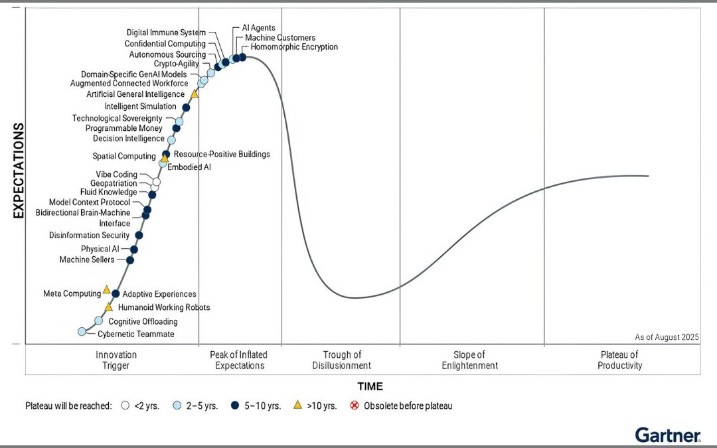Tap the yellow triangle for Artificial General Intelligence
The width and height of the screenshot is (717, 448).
tap(195, 94)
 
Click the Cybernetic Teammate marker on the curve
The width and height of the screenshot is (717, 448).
tap(82, 331)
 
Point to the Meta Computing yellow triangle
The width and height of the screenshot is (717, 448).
tap(106, 290)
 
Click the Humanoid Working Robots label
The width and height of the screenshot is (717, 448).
tap(163, 308)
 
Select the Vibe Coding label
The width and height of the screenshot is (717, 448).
tap(116, 175)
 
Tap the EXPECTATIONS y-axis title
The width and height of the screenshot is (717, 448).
tap(19, 171)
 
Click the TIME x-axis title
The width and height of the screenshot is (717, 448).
tap(370, 386)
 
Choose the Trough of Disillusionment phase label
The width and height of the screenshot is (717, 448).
tap(342, 360)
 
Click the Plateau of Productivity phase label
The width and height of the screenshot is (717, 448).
tap(619, 360)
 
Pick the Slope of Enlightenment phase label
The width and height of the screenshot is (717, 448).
tap(469, 360)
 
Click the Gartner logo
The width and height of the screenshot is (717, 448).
tap(668, 435)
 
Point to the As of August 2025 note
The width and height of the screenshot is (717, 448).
tap(667, 337)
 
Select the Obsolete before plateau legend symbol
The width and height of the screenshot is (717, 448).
tap(354, 405)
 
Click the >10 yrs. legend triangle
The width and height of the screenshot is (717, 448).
tap(298, 405)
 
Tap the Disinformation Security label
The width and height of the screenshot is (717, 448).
tap(89, 236)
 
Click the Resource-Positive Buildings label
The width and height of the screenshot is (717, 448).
tap(222, 154)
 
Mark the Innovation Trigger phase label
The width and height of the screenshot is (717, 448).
tap(116, 360)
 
